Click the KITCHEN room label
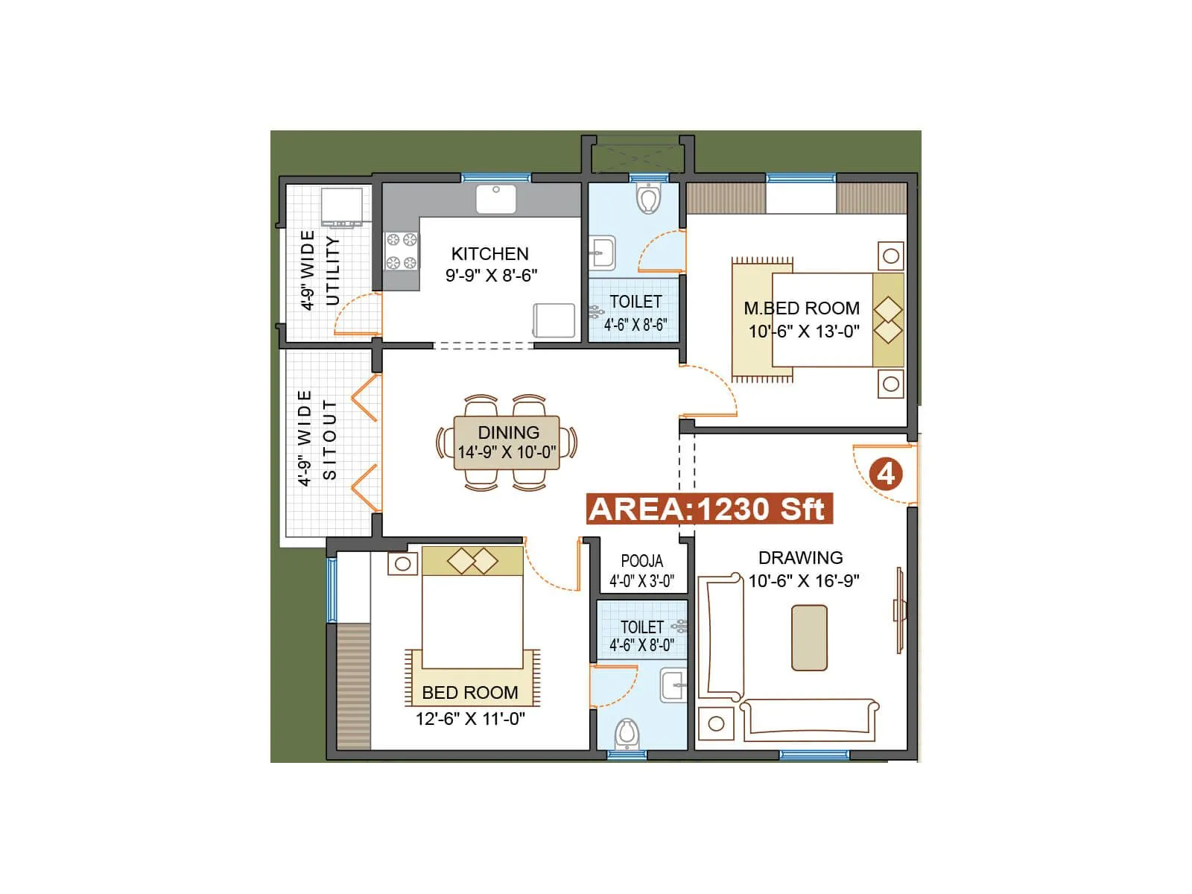tap(489, 253)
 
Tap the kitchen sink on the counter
tap(495, 199)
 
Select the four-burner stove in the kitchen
tap(401, 251)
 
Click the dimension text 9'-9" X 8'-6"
tap(491, 276)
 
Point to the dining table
tap(507, 443)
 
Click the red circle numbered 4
tap(886, 475)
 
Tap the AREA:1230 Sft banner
tap(707, 510)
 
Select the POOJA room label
tap(641, 561)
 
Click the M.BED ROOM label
tap(801, 308)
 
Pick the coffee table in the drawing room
tap(809, 638)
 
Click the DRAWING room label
tap(800, 557)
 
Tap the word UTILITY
tap(332, 270)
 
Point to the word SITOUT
tap(329, 440)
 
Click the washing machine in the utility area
tap(342, 206)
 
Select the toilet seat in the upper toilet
tap(649, 199)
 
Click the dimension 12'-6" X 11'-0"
tap(470, 719)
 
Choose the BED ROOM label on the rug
tap(469, 693)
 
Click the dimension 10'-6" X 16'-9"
tap(804, 580)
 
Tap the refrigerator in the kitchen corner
tap(554, 321)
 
